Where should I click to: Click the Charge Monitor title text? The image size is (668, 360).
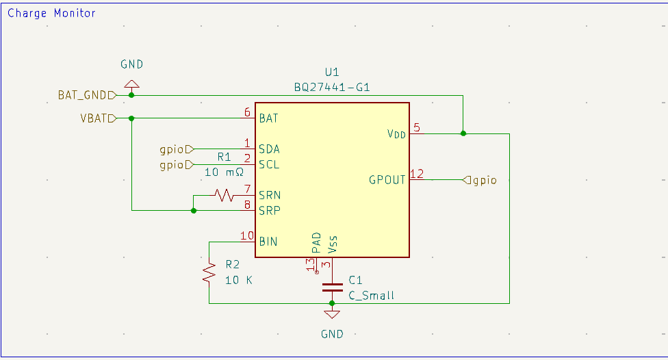pyautogui.click(x=52, y=13)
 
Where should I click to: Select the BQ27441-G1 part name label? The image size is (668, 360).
pyautogui.click(x=332, y=87)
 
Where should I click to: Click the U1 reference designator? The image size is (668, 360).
pyautogui.click(x=332, y=72)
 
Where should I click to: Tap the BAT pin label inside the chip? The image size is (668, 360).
pyautogui.click(x=268, y=118)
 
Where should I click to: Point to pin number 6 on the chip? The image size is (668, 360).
pyautogui.click(x=247, y=113)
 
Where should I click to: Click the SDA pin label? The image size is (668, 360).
pyautogui.click(x=269, y=149)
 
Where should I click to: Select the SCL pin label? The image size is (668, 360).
pyautogui.click(x=269, y=164)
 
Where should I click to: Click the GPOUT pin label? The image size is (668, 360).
pyautogui.click(x=387, y=180)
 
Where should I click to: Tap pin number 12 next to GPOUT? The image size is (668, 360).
pyautogui.click(x=417, y=174)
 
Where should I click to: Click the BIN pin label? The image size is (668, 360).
pyautogui.click(x=268, y=241)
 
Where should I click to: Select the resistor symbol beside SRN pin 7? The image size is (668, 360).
pyautogui.click(x=224, y=196)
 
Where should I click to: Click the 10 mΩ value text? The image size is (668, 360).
pyautogui.click(x=224, y=172)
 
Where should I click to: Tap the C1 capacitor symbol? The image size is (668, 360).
pyautogui.click(x=332, y=287)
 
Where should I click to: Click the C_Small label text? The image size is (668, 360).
pyautogui.click(x=371, y=296)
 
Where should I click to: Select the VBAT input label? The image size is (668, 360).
pyautogui.click(x=94, y=118)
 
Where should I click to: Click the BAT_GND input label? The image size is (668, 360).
pyautogui.click(x=83, y=95)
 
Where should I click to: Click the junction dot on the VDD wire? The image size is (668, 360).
pyautogui.click(x=463, y=133)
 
